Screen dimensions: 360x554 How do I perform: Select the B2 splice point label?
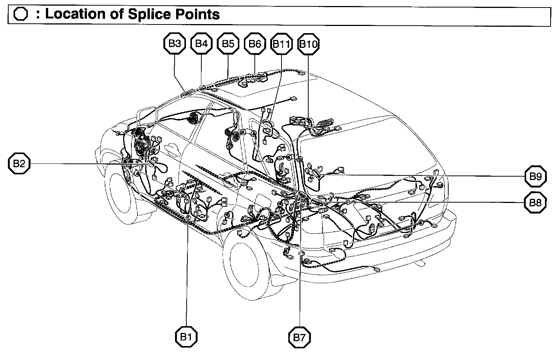point(19,163)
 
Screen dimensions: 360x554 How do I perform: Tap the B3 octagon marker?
point(175,44)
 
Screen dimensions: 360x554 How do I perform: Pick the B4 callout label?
point(201,44)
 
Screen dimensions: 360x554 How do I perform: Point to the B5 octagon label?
point(228,44)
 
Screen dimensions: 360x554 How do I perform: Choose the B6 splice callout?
point(255,44)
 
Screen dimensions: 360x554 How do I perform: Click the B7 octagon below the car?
point(300,337)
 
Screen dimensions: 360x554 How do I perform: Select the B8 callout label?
point(535,203)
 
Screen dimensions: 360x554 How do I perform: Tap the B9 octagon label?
point(535,176)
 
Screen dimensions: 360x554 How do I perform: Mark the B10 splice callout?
point(308,44)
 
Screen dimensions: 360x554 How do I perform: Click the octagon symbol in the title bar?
point(20,15)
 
